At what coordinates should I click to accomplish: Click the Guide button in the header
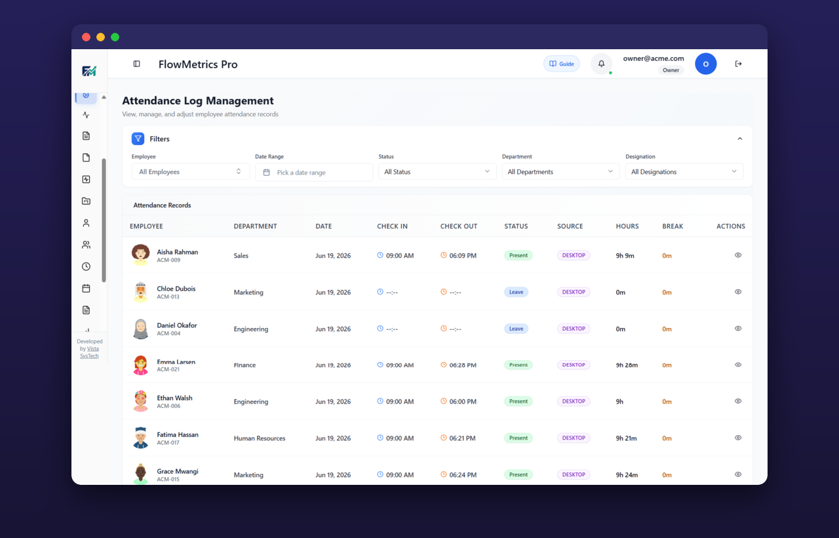[x=562, y=64]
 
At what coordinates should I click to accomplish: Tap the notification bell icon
[x=601, y=64]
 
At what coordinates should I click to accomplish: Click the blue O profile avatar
[x=706, y=64]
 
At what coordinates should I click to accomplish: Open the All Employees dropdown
[x=190, y=172]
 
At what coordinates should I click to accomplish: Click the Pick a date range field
[x=314, y=172]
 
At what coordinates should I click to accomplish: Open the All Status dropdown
[x=437, y=172]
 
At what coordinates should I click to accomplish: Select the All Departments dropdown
[x=560, y=172]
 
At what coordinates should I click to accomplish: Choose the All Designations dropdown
[x=684, y=172]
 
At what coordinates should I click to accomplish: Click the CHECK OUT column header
[x=459, y=226]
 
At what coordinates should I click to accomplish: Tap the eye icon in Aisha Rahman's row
[x=738, y=255]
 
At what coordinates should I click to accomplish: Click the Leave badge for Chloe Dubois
[x=516, y=292]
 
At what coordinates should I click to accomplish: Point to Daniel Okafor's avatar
[x=141, y=329]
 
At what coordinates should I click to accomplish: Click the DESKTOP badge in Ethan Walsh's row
[x=574, y=401]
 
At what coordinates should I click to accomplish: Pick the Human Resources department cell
[x=260, y=438]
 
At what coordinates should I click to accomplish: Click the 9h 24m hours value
[x=627, y=474]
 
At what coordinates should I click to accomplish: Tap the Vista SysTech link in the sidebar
[x=90, y=352]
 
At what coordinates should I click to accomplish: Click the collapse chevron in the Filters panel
[x=740, y=138]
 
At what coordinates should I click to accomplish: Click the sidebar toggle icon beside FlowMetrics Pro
[x=137, y=64]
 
